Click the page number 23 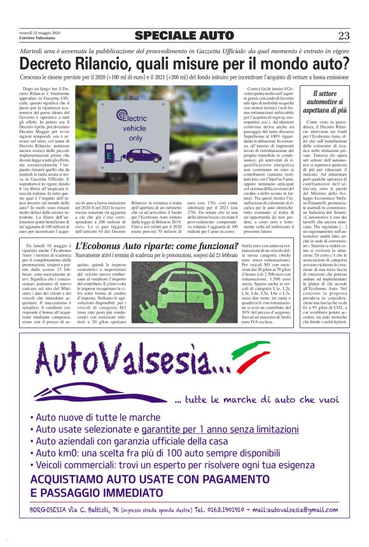point(344,36)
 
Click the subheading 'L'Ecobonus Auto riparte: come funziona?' point(157,247)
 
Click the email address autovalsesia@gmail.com point(295,510)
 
